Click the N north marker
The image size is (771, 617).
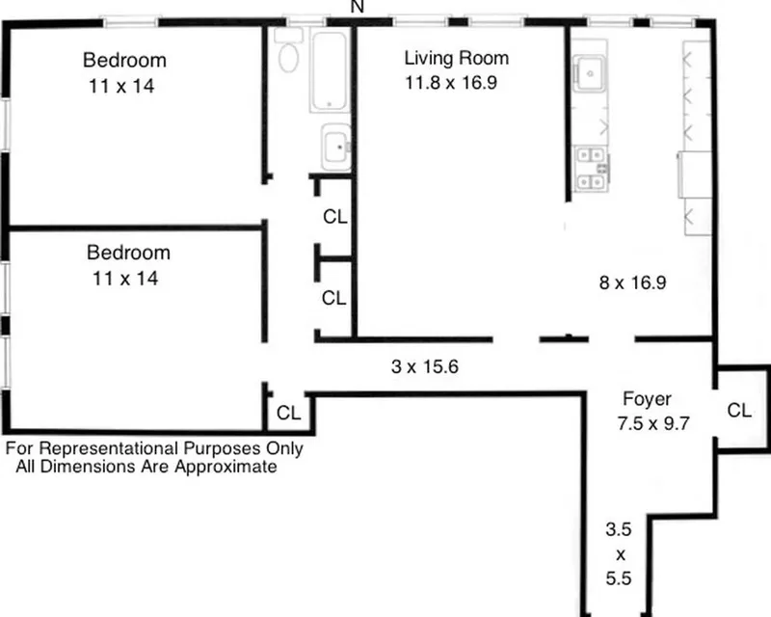pos(358,7)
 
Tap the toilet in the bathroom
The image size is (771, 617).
pos(288,56)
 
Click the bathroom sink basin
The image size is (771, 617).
pos(335,148)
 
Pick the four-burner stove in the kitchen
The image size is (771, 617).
pos(590,168)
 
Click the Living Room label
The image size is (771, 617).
pos(456,59)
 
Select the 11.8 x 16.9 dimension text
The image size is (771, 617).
pos(451,83)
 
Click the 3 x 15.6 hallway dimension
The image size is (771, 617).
pos(417,366)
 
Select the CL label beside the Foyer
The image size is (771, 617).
pos(739,410)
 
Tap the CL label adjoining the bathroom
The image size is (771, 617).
pos(334,217)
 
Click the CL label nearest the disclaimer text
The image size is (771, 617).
pos(288,413)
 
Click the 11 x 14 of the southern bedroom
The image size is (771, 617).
pos(121,279)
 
